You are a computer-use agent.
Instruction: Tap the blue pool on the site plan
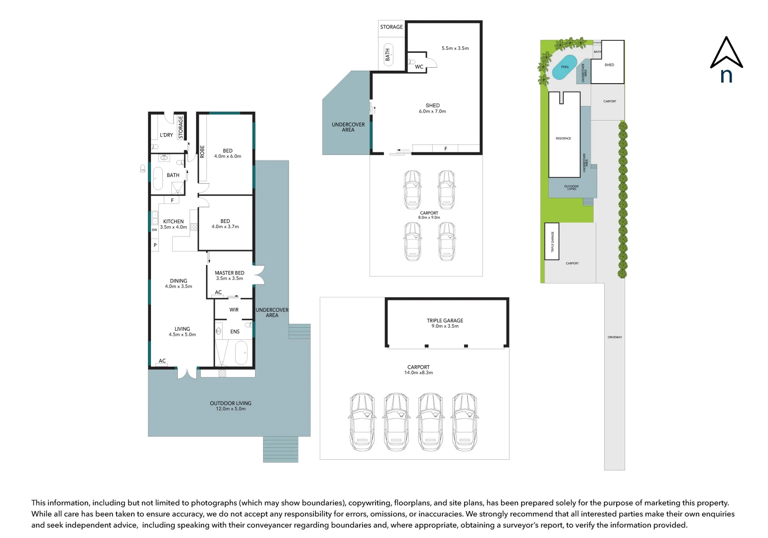click(564, 67)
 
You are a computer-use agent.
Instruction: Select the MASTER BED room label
click(230, 275)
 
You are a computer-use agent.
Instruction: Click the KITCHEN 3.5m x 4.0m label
click(173, 224)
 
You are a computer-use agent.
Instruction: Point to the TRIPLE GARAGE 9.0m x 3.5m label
click(445, 323)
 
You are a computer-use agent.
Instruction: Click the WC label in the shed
click(419, 67)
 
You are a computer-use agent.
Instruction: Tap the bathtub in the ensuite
click(241, 353)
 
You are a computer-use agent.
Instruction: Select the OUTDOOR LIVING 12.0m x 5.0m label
click(231, 406)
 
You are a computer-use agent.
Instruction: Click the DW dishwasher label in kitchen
click(154, 230)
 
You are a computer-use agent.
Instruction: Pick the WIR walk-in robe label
click(234, 310)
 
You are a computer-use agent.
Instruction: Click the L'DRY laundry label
click(166, 135)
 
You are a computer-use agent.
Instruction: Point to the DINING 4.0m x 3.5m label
click(178, 283)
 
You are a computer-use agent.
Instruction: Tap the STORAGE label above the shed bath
click(391, 27)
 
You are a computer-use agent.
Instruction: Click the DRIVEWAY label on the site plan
click(615, 337)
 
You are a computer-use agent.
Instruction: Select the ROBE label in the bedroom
click(202, 151)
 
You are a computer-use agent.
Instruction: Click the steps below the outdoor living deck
click(280, 449)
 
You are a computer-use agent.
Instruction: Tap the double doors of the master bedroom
click(258, 275)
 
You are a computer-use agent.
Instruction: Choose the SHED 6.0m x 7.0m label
click(432, 108)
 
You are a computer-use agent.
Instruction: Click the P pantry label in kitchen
click(155, 245)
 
